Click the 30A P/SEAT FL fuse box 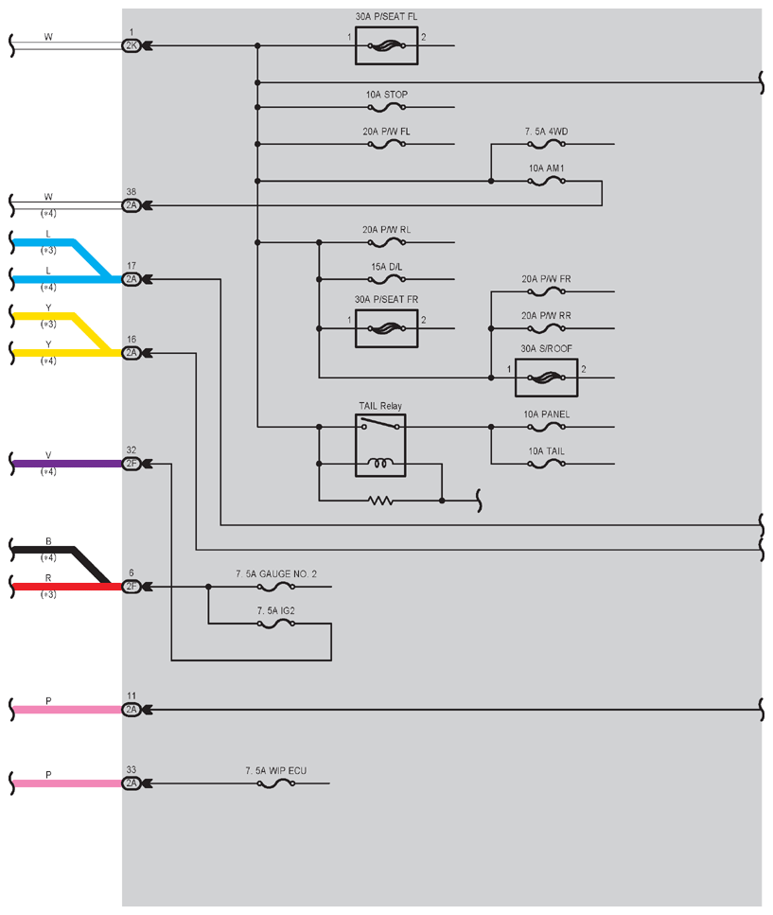(x=386, y=45)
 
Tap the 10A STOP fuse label (x=387, y=95)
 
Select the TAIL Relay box (x=380, y=446)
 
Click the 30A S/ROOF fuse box (x=546, y=378)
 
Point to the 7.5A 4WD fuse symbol (x=546, y=144)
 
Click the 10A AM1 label (x=546, y=168)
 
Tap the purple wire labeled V (x=67, y=464)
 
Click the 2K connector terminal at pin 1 (x=132, y=45)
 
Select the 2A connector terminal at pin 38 (x=132, y=205)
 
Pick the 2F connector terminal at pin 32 (x=132, y=464)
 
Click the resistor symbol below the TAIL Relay (x=380, y=501)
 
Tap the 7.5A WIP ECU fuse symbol (x=276, y=783)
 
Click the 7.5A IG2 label (x=276, y=611)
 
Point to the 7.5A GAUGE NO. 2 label (x=276, y=574)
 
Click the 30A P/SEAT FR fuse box (x=386, y=328)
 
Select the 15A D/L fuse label (x=387, y=267)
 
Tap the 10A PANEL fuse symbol (x=546, y=427)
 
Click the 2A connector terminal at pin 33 (x=132, y=783)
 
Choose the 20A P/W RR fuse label (x=546, y=316)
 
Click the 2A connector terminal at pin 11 (x=132, y=710)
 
